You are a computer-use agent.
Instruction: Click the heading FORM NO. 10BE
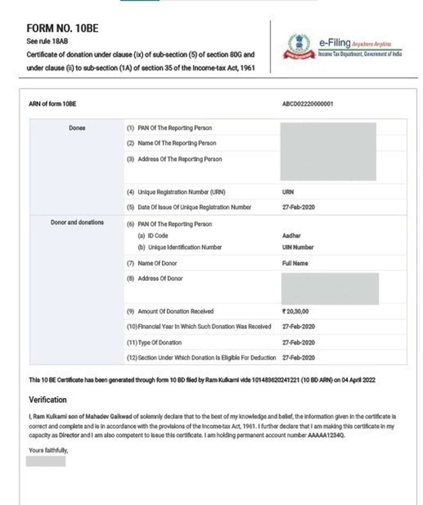click(62, 28)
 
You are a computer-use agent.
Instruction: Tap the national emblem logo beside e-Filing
click(299, 47)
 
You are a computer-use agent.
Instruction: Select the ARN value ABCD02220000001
click(307, 104)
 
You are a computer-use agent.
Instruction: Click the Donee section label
click(77, 128)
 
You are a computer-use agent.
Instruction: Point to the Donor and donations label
click(77, 222)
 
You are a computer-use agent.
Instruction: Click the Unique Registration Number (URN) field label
click(181, 192)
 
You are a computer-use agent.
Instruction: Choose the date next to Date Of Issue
click(298, 207)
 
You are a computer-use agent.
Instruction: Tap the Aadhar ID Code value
click(291, 235)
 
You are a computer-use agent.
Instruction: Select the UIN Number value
click(297, 247)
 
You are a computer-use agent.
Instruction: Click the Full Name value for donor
click(295, 263)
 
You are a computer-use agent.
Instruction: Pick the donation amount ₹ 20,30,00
click(295, 311)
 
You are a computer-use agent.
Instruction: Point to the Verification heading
click(48, 399)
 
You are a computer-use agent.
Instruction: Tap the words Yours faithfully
click(48, 450)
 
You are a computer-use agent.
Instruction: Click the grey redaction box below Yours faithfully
click(45, 461)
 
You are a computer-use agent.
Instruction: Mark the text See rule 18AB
click(47, 41)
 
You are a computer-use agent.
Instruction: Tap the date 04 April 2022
click(358, 380)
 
